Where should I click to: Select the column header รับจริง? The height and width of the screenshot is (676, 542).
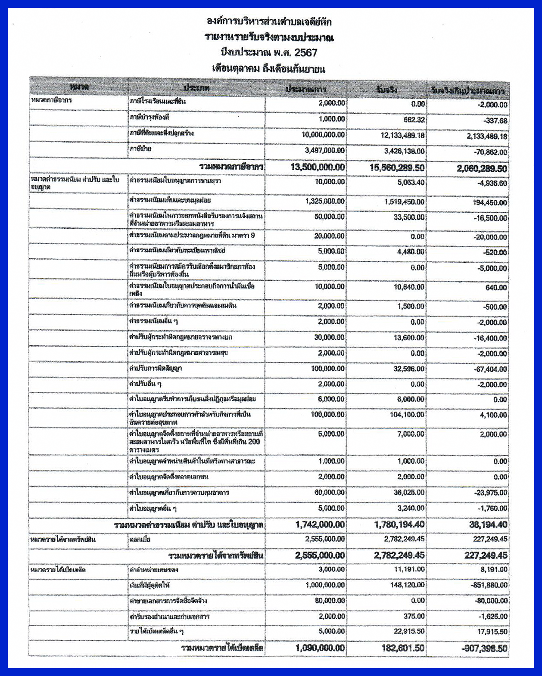coord(386,90)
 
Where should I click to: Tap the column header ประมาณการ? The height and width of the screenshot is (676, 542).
coord(306,90)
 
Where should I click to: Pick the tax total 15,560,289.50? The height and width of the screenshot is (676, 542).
coord(397,167)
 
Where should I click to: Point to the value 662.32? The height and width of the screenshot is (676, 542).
coord(414,119)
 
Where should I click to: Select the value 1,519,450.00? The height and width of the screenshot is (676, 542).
coord(404,201)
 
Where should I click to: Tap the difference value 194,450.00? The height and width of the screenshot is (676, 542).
coord(487,202)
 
